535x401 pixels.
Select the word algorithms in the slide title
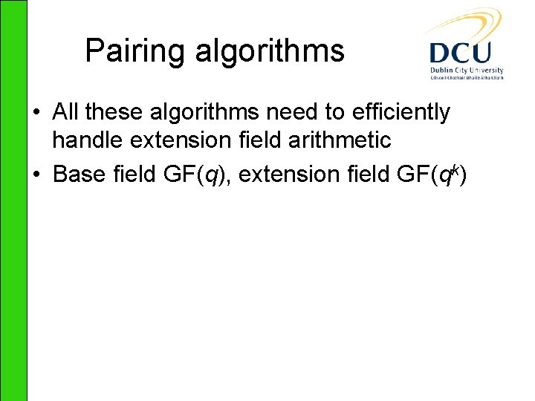pyautogui.click(x=270, y=52)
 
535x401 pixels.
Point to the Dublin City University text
pyautogui.click(x=466, y=71)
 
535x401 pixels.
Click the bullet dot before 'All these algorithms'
pyautogui.click(x=36, y=113)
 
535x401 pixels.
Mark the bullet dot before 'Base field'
pyautogui.click(x=36, y=175)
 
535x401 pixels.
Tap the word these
pyautogui.click(x=111, y=112)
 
